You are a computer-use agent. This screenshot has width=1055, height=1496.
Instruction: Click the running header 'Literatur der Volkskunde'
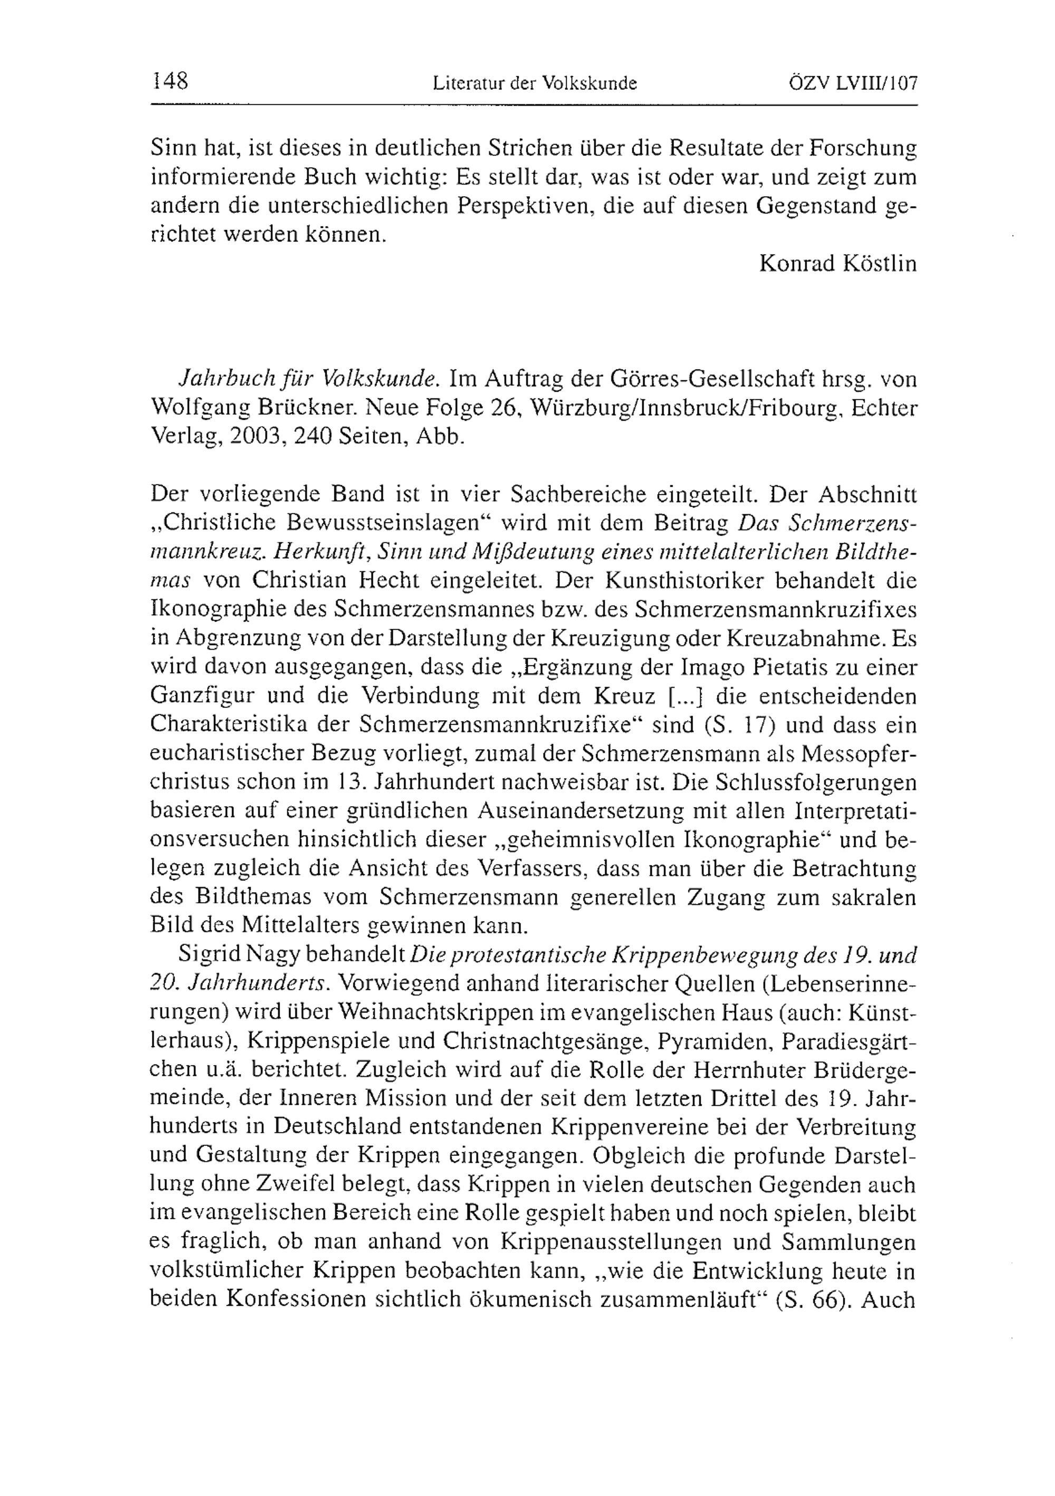534,83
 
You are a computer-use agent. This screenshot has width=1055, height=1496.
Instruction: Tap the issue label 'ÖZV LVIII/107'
852,83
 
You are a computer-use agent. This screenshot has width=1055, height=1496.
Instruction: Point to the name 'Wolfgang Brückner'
254,408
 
